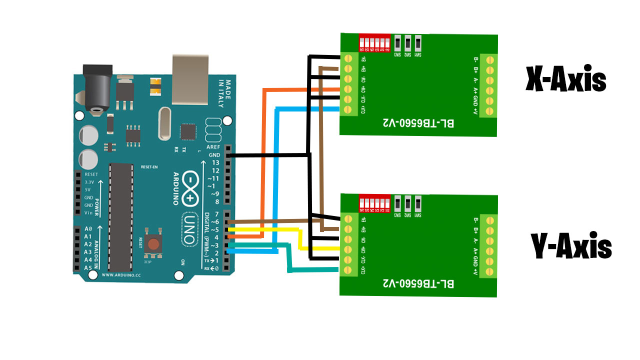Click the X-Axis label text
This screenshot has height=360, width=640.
point(565,80)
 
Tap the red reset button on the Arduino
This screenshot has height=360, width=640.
point(153,243)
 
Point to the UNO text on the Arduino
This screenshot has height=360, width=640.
point(189,229)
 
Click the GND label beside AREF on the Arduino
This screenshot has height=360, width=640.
point(215,155)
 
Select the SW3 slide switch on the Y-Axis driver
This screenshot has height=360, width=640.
point(398,203)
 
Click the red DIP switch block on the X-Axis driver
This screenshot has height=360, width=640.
point(374,42)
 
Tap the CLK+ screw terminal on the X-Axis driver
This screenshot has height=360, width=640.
point(348,109)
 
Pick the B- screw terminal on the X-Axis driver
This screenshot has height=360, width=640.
point(489,59)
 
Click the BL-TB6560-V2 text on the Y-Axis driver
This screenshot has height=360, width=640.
point(418,283)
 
